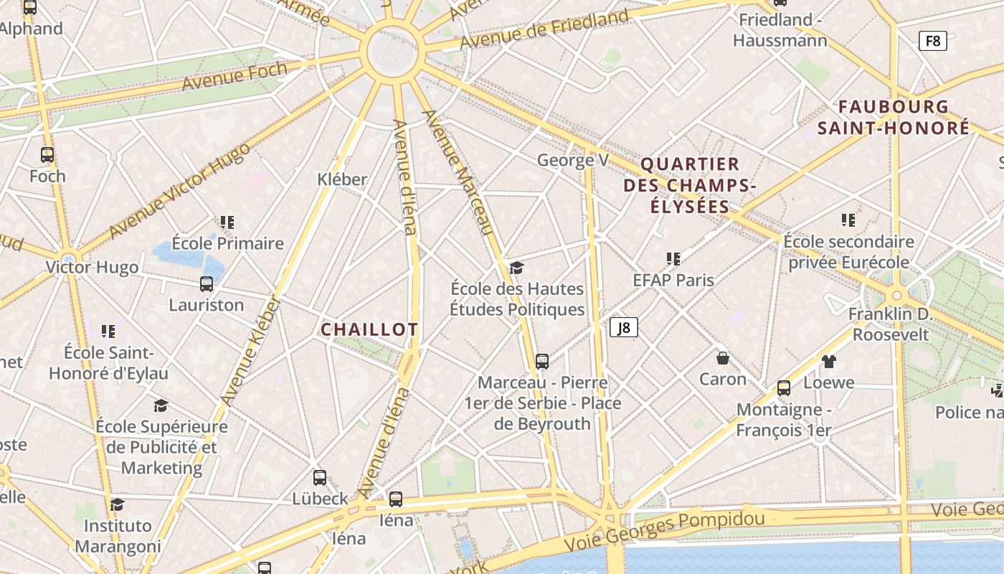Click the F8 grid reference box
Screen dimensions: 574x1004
pos(932,41)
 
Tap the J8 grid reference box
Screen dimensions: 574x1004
pos(624,328)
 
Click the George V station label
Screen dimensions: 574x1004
pos(572,160)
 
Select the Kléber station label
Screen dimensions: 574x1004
pos(342,179)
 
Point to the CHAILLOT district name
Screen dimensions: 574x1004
pos(369,330)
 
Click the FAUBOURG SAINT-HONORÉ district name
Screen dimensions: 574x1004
pos(894,118)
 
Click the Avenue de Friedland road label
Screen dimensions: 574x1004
pos(544,29)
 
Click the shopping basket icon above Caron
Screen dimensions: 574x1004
pos(723,357)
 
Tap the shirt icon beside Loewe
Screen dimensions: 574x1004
pos(828,361)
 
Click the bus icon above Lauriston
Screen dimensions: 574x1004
pos(207,284)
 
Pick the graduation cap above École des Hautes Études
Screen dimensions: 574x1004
pos(516,268)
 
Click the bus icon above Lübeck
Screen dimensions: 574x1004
pos(320,477)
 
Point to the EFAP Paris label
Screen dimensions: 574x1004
pos(673,280)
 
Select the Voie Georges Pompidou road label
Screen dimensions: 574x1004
pos(664,527)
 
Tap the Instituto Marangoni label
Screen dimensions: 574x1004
pos(118,536)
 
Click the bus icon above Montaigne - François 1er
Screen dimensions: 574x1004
pos(784,388)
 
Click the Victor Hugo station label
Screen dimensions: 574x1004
pos(92,268)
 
